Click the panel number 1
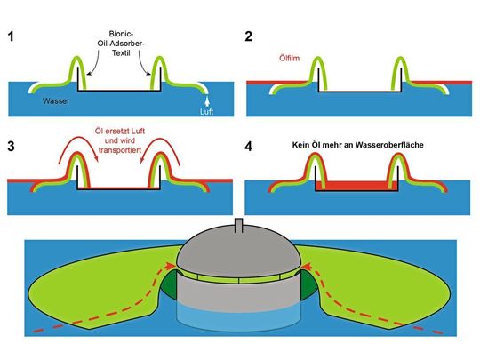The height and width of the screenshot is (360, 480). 12,38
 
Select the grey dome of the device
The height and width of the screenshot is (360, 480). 237,253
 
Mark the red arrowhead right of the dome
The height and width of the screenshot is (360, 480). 304,263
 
